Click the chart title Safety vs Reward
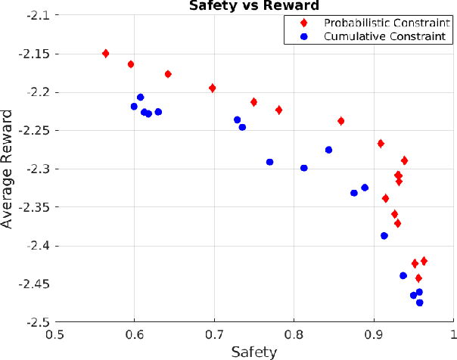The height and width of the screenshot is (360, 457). coord(253,6)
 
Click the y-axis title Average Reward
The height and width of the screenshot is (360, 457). coord(8,169)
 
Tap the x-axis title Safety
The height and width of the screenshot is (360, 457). coord(253,351)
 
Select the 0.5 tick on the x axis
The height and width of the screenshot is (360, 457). coord(54,333)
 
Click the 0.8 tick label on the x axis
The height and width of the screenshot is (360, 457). coord(294,333)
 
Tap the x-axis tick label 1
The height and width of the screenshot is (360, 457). coord(453,333)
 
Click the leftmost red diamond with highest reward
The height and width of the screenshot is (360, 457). coord(105,53)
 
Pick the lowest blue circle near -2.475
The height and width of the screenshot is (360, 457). coord(419,303)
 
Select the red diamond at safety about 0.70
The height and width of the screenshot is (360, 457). coord(213,88)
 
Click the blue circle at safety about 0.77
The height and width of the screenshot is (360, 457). coord(270,162)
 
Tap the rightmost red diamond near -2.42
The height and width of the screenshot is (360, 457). coord(424,261)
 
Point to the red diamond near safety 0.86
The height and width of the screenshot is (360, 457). coord(341,121)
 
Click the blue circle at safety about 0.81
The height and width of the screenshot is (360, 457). coord(304,168)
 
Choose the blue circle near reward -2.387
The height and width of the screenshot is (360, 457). coord(384,236)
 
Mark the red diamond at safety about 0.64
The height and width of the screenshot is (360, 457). coord(168,74)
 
